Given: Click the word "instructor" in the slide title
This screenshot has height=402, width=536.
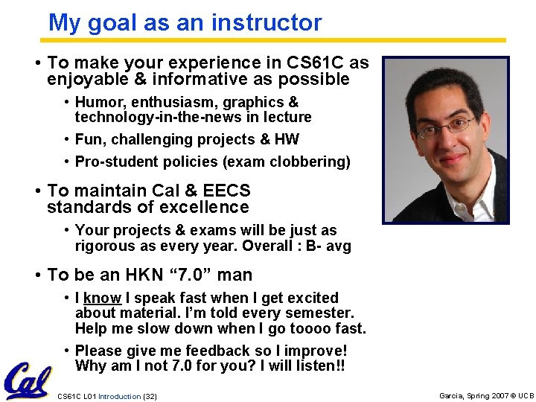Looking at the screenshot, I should point(267,22).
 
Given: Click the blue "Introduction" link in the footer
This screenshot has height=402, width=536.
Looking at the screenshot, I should point(119,396).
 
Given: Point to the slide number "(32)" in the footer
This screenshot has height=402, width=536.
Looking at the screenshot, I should point(150,396).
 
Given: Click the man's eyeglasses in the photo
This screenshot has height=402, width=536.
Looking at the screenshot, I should point(444,127).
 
